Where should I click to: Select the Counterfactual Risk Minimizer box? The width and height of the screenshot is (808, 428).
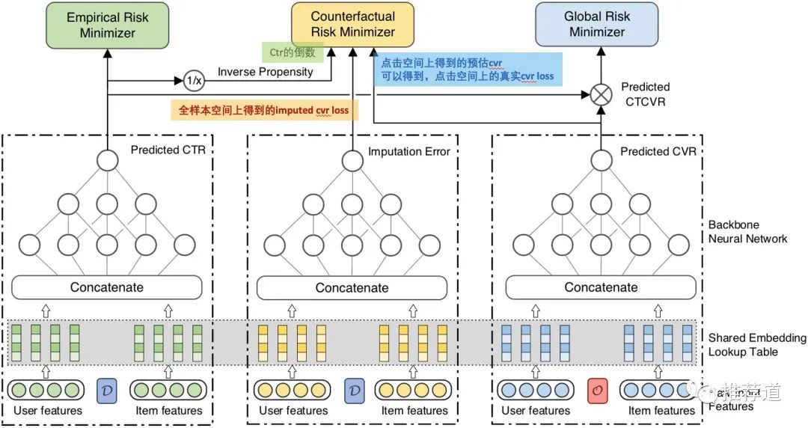click(x=352, y=24)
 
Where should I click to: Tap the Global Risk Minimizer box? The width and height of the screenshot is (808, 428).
click(x=596, y=24)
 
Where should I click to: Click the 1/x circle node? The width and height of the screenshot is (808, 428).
click(x=194, y=79)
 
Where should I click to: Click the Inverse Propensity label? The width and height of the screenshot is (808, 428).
click(x=265, y=72)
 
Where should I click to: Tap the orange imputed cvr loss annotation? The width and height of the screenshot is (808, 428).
click(x=264, y=110)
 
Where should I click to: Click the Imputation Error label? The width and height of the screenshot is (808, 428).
click(x=408, y=151)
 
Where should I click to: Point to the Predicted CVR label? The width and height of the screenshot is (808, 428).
click(x=658, y=151)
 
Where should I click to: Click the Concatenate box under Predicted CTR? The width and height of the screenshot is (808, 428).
click(x=107, y=287)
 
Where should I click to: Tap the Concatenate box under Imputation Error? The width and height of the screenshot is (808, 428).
click(x=352, y=287)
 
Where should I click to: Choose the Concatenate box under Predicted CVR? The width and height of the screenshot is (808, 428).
click(x=601, y=287)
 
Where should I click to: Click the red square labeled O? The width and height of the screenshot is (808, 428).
click(x=597, y=390)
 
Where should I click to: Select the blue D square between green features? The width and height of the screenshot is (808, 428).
click(x=107, y=390)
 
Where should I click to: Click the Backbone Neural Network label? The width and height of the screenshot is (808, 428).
click(x=747, y=231)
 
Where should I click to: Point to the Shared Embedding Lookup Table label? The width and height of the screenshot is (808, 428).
click(x=756, y=345)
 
